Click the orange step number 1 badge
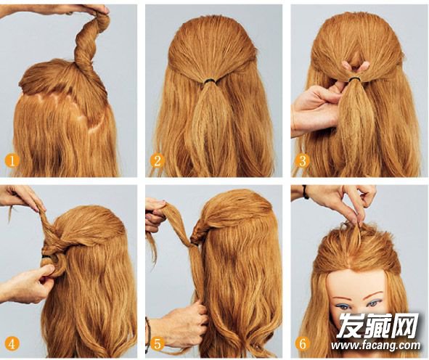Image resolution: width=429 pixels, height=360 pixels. click(12, 160)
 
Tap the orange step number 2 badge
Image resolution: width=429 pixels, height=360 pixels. click(157, 160)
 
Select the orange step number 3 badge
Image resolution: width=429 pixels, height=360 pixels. click(302, 160)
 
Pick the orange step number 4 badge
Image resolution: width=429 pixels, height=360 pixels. click(12, 343)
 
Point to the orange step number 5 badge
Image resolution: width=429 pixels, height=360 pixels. click(157, 343)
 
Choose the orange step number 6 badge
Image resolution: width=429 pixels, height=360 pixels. click(302, 343)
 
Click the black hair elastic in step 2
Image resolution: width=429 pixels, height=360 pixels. click(211, 81)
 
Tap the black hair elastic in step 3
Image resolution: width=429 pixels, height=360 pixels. click(355, 79)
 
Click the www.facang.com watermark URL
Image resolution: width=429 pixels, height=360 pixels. click(375, 345)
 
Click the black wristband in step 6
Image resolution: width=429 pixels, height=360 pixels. click(306, 192)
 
